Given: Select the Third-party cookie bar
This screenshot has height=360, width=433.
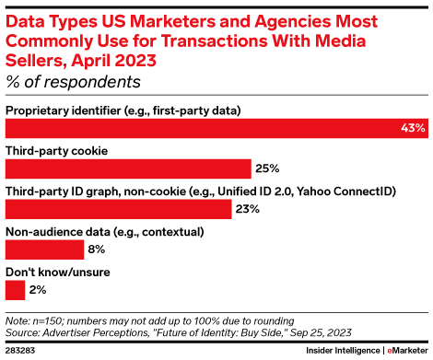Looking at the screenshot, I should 128,169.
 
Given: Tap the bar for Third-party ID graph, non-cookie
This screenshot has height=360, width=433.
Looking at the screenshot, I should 118,209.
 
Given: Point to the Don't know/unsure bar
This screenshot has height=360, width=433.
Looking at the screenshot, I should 14,289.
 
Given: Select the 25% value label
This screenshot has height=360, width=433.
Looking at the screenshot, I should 266,169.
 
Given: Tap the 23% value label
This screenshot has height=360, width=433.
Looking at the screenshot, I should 247,209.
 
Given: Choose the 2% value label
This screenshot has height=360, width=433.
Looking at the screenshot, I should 38,289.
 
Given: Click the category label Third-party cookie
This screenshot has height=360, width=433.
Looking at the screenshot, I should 57,150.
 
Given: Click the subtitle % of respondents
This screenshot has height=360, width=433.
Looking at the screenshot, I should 73,82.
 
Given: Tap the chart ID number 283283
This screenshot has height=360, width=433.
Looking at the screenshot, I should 22,351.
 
